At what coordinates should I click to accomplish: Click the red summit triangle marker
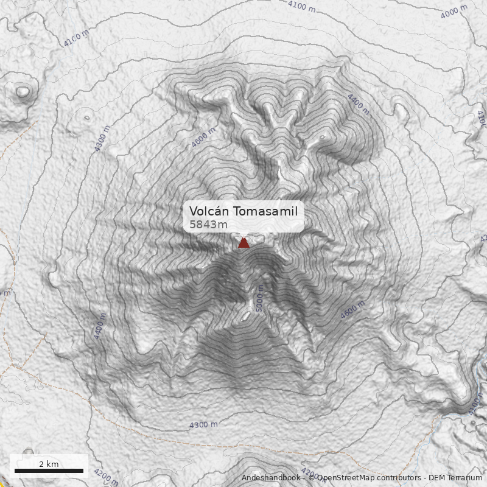coord(243,243)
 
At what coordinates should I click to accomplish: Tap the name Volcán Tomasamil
coord(243,211)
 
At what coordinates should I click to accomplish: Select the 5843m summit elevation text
coord(208,225)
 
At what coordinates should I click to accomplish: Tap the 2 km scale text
coord(49,464)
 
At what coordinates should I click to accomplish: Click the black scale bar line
coord(49,471)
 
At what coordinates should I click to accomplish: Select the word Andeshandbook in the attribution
coord(270,478)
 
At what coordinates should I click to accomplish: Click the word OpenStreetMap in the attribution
coord(343,478)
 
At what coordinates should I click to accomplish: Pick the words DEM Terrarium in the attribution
coord(455,478)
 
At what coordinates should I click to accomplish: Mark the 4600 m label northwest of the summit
coord(203,138)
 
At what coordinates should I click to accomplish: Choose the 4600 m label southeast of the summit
coord(353,310)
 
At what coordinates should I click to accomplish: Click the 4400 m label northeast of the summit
coord(358,103)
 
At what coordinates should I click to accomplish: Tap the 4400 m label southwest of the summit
coord(99,326)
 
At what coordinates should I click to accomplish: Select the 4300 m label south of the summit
coord(203,425)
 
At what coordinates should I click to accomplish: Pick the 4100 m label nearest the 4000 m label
coord(303,7)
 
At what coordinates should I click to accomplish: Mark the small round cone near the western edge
coord(23,93)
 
